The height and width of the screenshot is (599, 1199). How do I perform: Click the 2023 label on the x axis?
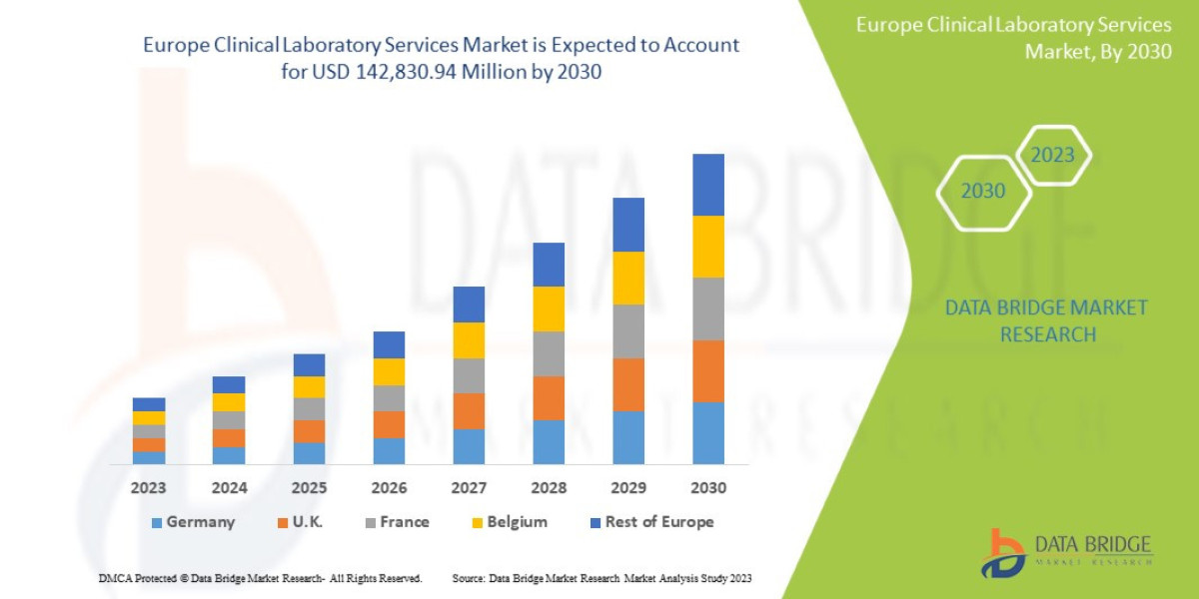(x=148, y=489)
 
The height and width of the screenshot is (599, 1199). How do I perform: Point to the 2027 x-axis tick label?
(x=469, y=489)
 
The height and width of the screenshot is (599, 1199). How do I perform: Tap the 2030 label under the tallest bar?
(x=707, y=489)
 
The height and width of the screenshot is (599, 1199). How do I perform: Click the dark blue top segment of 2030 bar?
(x=707, y=185)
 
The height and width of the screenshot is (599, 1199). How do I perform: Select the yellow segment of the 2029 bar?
(x=628, y=278)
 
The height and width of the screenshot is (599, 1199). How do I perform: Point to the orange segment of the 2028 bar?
(x=549, y=397)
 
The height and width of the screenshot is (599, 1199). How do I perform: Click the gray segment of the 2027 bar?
(x=469, y=375)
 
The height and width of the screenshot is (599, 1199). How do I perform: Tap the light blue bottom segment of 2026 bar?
(x=389, y=451)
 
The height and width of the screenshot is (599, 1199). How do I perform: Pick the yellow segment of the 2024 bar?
(x=229, y=402)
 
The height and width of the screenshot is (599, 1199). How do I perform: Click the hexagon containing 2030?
(x=983, y=191)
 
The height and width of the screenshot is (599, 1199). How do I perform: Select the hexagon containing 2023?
(x=1052, y=156)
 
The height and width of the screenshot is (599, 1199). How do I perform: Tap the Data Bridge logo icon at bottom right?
(x=1002, y=552)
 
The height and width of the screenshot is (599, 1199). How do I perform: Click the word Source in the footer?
(x=469, y=579)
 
